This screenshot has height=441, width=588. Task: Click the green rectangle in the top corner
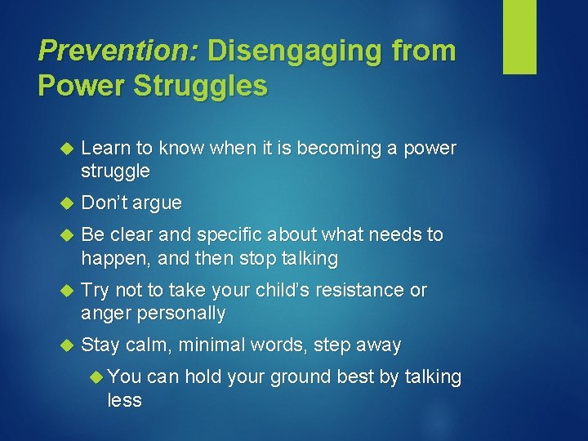519,36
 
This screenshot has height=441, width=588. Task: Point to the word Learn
106,149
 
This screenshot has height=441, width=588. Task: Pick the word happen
112,259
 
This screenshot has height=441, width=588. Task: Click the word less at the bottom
125,400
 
